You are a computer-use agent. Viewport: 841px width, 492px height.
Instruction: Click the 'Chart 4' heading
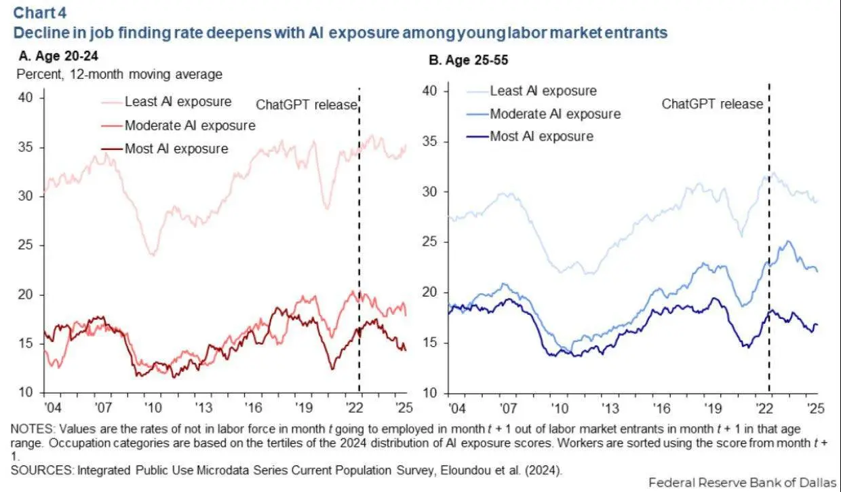pos(40,13)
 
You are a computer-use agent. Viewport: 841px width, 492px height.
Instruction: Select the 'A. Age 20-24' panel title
pos(58,56)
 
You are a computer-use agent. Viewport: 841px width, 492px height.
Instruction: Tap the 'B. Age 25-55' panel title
pos(468,60)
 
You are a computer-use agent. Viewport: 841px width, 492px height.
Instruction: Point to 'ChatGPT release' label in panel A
pos(307,105)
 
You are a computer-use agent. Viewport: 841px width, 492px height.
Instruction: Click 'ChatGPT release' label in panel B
pos(712,104)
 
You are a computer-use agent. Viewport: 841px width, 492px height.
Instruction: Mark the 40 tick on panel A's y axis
pos(26,98)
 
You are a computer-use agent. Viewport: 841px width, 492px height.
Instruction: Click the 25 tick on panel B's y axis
pos(430,242)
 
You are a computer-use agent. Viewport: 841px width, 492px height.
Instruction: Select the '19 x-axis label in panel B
pos(713,409)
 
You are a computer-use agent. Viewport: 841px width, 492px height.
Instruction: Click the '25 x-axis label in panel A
pos(404,407)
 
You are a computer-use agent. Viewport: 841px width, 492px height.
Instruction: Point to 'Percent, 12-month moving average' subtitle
pos(119,75)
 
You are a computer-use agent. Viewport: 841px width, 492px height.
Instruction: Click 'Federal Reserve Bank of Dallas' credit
pos(743,482)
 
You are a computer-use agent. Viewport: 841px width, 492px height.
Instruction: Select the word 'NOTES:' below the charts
pos(33,429)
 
